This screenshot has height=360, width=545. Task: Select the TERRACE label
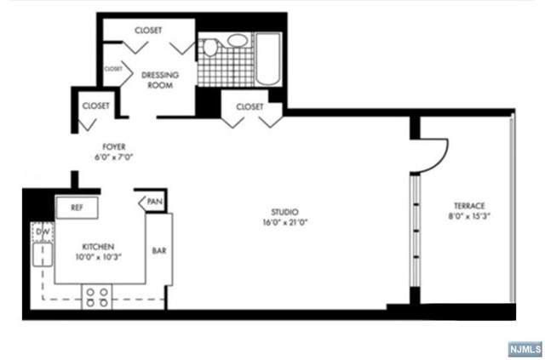coord(468,206)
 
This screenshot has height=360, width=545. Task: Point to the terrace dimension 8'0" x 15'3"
coord(469,216)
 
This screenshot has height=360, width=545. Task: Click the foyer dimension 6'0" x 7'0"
coord(113,157)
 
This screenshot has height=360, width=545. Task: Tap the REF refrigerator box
coord(77,207)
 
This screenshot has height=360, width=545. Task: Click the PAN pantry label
coord(153,202)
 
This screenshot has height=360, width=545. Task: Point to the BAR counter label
coord(159,251)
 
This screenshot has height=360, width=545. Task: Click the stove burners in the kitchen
coord(95,296)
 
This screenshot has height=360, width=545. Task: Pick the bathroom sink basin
coord(238,42)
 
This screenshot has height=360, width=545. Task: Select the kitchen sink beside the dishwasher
coord(40,254)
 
